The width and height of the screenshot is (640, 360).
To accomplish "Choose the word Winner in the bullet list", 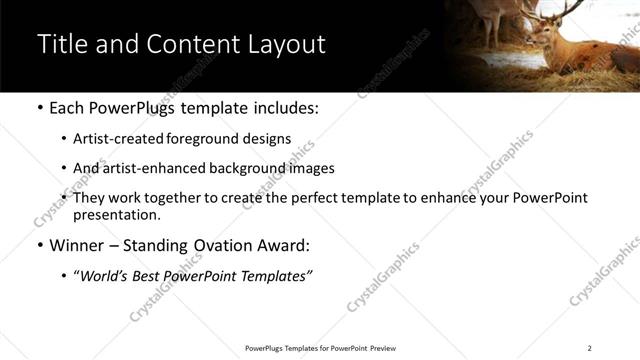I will pyautogui.click(x=76, y=245).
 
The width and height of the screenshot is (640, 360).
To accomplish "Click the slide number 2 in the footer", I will pyautogui.click(x=590, y=347).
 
